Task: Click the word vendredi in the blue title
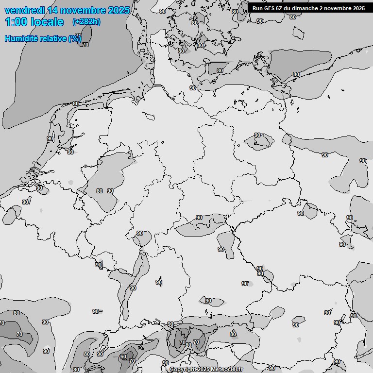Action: point(23,10)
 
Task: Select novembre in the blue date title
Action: point(82,10)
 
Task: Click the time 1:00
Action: point(16,22)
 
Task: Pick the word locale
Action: point(47,22)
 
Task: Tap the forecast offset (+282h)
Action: point(86,22)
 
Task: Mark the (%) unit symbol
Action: point(75,38)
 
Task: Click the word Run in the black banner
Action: point(257,8)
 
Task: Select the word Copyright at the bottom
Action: point(183,370)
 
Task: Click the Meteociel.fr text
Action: point(227,370)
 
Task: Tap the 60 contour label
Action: point(123,357)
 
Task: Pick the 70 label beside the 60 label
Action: point(132,361)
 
